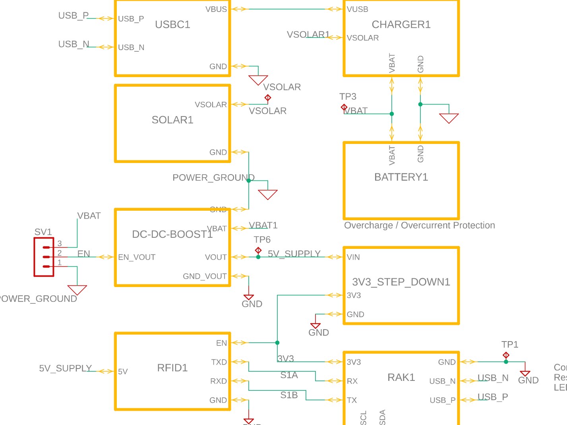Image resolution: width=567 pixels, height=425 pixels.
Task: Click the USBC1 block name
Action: (x=172, y=25)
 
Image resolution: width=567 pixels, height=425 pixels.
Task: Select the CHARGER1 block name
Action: (x=401, y=25)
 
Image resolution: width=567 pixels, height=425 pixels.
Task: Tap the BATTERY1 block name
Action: (x=401, y=177)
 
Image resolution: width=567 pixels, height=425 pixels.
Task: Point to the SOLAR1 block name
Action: (x=172, y=120)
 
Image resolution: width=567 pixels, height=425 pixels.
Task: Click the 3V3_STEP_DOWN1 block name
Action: (x=401, y=282)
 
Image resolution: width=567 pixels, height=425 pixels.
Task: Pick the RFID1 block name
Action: (x=172, y=368)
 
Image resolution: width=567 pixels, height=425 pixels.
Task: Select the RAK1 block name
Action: (x=401, y=377)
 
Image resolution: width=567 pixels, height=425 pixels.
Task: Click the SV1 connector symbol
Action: (x=44, y=257)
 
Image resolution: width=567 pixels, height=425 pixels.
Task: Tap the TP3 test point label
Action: (x=348, y=97)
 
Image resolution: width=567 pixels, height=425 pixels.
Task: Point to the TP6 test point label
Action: (x=262, y=240)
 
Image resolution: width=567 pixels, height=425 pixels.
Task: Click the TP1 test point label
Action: (x=510, y=345)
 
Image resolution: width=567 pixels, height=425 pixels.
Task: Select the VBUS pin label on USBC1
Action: (x=216, y=9)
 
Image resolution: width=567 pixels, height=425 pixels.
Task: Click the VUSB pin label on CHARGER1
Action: (x=358, y=9)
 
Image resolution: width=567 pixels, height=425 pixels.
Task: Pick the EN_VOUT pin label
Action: (x=137, y=257)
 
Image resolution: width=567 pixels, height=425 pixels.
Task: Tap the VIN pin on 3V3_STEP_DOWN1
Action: (x=353, y=257)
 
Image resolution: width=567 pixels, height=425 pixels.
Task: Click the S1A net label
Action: (x=289, y=375)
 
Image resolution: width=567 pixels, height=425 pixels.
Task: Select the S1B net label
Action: (x=289, y=395)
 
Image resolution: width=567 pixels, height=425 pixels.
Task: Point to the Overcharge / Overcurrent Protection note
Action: (x=419, y=225)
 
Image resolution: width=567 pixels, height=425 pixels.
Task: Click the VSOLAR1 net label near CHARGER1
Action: (x=308, y=35)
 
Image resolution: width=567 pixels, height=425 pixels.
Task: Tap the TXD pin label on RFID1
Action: (x=219, y=362)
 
